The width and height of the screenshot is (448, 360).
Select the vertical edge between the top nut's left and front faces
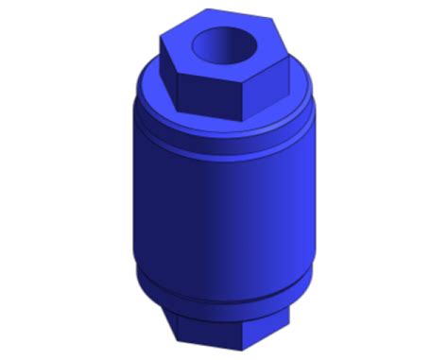point(176,86)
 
